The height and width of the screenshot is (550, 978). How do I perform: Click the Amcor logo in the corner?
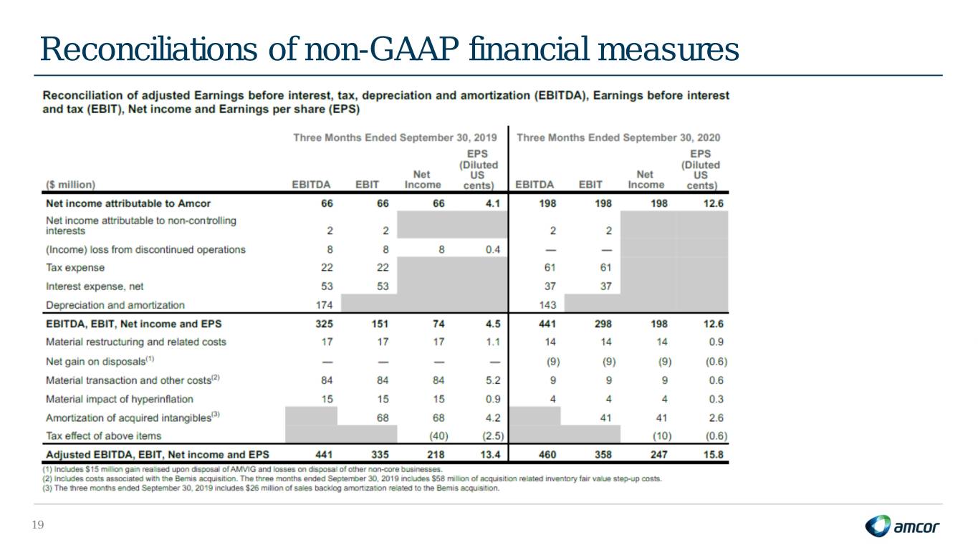[902, 526]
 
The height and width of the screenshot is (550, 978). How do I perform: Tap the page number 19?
[38, 525]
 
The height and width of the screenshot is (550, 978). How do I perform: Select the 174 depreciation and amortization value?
[324, 304]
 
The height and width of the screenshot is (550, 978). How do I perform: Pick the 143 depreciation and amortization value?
[547, 304]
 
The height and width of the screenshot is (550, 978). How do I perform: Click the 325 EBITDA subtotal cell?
[324, 324]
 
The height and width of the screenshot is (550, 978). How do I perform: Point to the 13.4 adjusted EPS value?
[490, 455]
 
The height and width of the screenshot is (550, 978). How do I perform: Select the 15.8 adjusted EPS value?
[714, 455]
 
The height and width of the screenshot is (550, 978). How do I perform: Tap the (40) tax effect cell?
[438, 435]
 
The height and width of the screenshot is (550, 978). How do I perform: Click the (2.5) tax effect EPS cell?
[493, 435]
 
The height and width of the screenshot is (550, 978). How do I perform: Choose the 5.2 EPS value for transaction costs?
[493, 380]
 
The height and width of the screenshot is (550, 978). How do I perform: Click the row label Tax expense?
[75, 268]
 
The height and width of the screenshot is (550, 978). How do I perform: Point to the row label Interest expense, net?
[95, 286]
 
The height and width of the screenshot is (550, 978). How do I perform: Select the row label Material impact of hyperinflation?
[119, 399]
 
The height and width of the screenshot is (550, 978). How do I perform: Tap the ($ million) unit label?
[70, 185]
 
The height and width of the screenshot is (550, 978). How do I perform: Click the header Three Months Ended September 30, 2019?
[395, 137]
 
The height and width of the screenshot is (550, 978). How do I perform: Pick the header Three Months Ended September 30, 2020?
[618, 137]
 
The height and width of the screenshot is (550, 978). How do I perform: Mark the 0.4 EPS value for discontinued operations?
[493, 249]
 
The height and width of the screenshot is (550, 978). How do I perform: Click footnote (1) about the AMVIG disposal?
[242, 469]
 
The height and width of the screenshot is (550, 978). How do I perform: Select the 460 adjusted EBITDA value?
[547, 455]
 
